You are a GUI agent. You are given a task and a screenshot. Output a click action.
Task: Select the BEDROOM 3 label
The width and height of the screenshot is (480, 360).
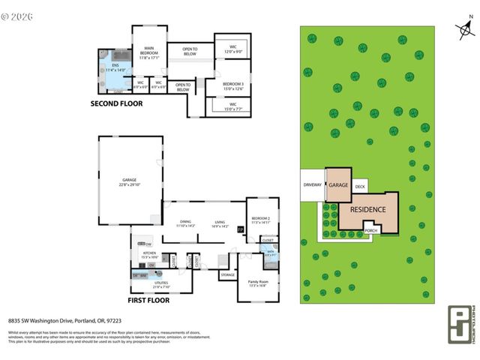point(232,85)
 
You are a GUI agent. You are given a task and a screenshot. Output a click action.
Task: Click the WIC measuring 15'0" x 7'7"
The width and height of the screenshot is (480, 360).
point(232,107)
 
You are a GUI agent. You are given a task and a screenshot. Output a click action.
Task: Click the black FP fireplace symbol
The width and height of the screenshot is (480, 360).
point(241,229)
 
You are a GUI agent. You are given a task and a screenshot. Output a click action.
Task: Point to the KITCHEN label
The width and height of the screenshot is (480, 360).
point(148,254)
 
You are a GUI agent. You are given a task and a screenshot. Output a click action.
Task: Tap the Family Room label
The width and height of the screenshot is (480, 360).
point(258,283)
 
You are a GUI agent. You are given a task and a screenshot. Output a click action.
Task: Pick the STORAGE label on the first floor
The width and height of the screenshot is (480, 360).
point(227,275)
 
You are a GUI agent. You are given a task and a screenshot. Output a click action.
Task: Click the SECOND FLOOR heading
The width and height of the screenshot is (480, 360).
point(116,104)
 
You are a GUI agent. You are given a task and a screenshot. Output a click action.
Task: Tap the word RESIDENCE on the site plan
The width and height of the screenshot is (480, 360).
point(368,210)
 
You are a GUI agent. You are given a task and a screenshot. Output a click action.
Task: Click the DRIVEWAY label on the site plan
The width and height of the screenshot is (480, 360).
point(312,184)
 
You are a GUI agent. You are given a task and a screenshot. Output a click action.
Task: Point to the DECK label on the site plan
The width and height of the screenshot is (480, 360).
point(360,186)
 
